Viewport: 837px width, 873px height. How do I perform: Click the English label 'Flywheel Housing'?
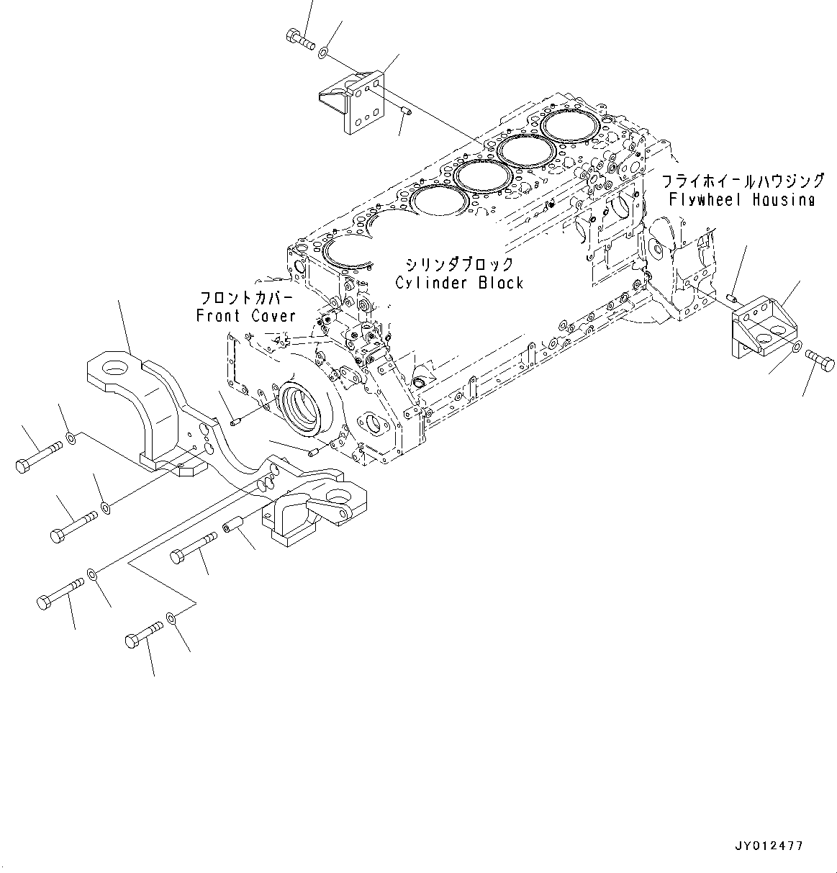click(741, 200)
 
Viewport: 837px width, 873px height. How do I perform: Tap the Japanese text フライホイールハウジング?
click(742, 180)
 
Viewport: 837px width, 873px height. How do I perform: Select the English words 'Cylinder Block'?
click(459, 283)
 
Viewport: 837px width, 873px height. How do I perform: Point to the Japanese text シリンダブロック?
click(459, 264)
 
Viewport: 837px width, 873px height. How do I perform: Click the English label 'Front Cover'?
click(245, 316)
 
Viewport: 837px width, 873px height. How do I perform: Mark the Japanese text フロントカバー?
click(246, 297)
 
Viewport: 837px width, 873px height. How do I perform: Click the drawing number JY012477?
click(769, 846)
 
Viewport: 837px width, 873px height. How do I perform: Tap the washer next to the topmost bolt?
click(325, 52)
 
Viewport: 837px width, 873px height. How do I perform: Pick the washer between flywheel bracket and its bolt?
click(797, 348)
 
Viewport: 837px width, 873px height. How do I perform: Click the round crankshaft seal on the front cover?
click(303, 410)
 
